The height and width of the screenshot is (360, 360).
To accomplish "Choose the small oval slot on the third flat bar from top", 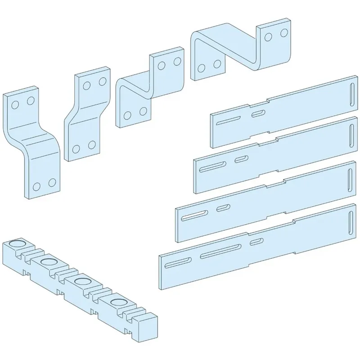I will (x=222, y=207).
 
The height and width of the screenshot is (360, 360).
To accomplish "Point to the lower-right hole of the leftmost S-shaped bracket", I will (x=52, y=182).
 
